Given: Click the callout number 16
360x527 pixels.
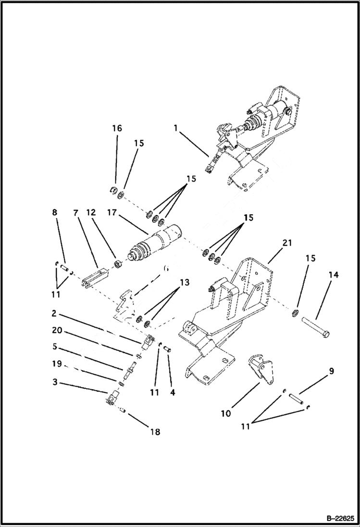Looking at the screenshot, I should click(117, 128).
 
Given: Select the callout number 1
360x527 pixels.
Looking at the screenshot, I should click(175, 128).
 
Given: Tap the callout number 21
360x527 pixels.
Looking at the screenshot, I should click(287, 243).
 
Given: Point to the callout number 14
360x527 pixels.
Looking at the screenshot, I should click(334, 275).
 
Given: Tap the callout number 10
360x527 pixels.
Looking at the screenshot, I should click(226, 413).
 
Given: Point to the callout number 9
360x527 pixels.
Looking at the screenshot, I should click(332, 371).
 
